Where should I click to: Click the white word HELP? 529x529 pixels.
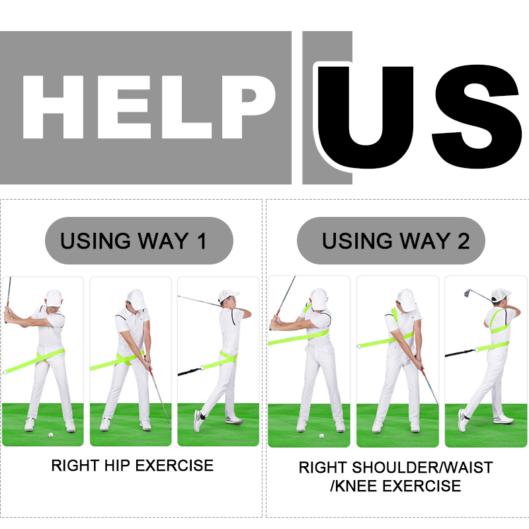click(x=149, y=107)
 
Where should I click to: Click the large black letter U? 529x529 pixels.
click(x=366, y=116)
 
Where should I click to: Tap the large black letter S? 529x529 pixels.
click(x=476, y=116)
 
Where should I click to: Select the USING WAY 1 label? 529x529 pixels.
click(x=133, y=241)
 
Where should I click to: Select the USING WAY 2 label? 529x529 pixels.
click(x=395, y=241)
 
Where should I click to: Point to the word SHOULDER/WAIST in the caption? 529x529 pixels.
click(x=423, y=468)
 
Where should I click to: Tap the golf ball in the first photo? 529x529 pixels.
click(x=51, y=435)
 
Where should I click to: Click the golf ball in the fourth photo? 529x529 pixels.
click(x=321, y=436)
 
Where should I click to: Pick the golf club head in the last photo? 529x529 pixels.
click(x=468, y=293)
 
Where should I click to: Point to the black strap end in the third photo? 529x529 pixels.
click(x=190, y=372)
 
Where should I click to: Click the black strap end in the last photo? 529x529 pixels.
click(x=459, y=353)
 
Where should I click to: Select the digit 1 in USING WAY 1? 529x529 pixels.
click(x=202, y=241)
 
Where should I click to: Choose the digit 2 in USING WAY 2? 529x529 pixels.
click(x=464, y=241)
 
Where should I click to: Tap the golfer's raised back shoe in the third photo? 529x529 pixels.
click(x=198, y=421)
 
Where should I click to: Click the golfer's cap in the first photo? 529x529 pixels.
click(x=54, y=298)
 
